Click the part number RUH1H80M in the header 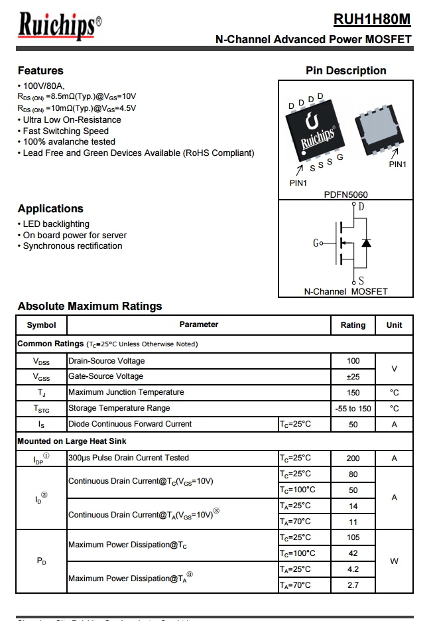tap(372, 19)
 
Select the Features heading tap(40, 70)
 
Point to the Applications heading tap(50, 208)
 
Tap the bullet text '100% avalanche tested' tap(69, 141)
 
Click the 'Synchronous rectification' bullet tap(72, 245)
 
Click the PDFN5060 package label tap(345, 194)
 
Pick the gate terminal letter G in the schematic tap(316, 243)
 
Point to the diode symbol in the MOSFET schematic tap(365, 243)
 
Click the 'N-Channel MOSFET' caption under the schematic tap(345, 291)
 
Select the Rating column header tap(353, 325)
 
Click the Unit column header tap(394, 325)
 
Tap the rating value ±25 tap(353, 376)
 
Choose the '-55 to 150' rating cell tap(353, 408)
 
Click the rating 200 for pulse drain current tap(353, 458)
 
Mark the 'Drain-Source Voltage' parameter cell tap(106, 361)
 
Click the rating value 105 tap(353, 537)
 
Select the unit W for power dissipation tap(394, 561)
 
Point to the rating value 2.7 tap(353, 585)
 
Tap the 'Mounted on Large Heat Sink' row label tap(72, 441)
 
